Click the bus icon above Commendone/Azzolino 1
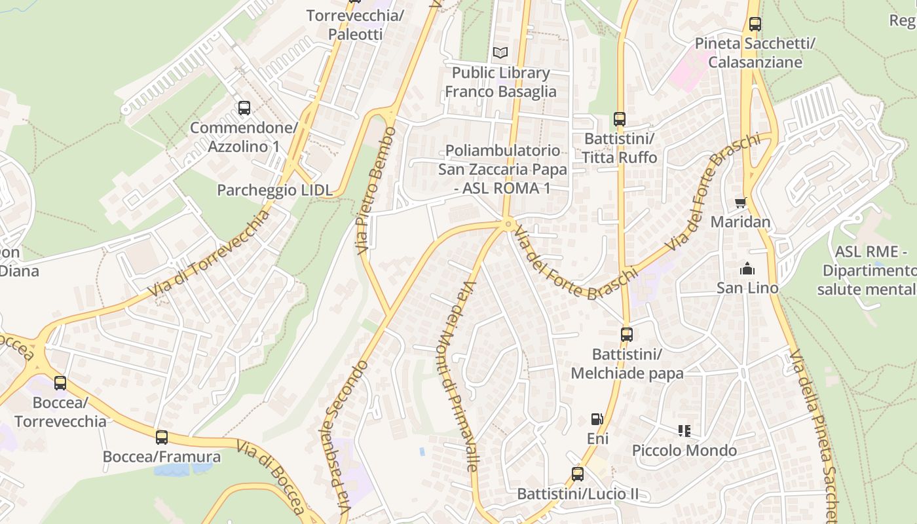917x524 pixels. pyautogui.click(x=244, y=108)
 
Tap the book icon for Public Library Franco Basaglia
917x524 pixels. pyautogui.click(x=500, y=52)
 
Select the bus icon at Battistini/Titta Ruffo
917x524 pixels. pyautogui.click(x=620, y=119)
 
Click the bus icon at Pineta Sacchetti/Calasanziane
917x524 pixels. pyautogui.click(x=755, y=24)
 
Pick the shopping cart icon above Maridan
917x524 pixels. pyautogui.click(x=741, y=202)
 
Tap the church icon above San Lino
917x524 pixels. pyautogui.click(x=747, y=269)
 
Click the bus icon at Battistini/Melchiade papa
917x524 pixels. pyautogui.click(x=627, y=335)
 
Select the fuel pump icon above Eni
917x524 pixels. pyautogui.click(x=597, y=419)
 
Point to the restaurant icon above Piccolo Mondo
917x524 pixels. pyautogui.click(x=684, y=431)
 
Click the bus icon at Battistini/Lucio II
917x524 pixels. pyautogui.click(x=578, y=474)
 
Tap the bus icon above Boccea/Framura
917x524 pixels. pyautogui.click(x=162, y=438)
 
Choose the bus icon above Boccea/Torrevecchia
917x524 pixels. pyautogui.click(x=60, y=383)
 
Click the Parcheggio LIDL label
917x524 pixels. pyautogui.click(x=274, y=190)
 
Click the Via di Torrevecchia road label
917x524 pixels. pyautogui.click(x=210, y=254)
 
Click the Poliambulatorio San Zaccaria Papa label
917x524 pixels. pyautogui.click(x=502, y=169)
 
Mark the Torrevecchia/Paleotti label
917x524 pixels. pyautogui.click(x=355, y=24)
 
